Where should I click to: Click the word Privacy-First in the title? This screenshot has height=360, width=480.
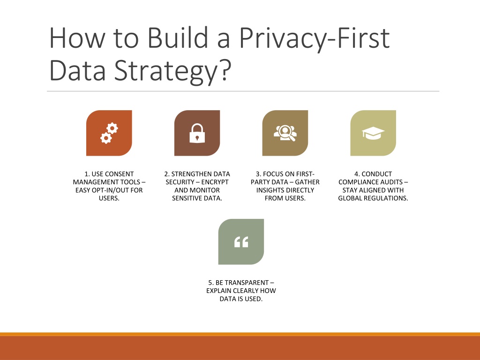pyautogui.click(x=315, y=38)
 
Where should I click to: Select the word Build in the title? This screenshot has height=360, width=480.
pyautogui.click(x=173, y=38)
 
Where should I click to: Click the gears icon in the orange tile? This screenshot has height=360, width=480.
pyautogui.click(x=109, y=133)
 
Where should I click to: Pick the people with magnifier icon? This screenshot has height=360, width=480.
pyautogui.click(x=285, y=133)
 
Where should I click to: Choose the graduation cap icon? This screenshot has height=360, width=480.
pyautogui.click(x=373, y=133)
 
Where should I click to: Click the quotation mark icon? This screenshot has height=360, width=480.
pyautogui.click(x=241, y=242)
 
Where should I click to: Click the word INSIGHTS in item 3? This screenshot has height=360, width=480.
pyautogui.click(x=270, y=190)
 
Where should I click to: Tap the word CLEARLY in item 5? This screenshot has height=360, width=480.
pyautogui.click(x=247, y=291)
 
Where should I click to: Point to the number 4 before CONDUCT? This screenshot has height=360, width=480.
pyautogui.click(x=356, y=174)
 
